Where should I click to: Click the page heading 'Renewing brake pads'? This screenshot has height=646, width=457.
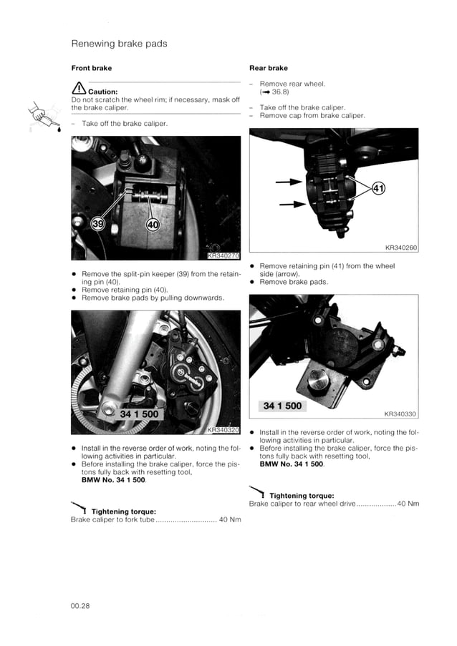119,44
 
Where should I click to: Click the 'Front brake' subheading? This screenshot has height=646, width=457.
91,69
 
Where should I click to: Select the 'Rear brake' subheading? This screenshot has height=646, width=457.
268,69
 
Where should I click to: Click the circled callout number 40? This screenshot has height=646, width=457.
153,225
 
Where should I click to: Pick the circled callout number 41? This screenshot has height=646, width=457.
379,189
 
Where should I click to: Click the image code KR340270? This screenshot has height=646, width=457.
223,255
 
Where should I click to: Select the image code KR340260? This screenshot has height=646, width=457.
400,248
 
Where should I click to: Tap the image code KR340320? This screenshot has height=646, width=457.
223,429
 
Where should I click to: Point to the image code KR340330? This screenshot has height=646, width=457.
400,413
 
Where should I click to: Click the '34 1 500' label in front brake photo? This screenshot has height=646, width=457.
139,413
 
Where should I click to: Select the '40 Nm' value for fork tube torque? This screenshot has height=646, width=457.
229,519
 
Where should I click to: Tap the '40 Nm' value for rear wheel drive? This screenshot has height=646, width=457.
408,504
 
